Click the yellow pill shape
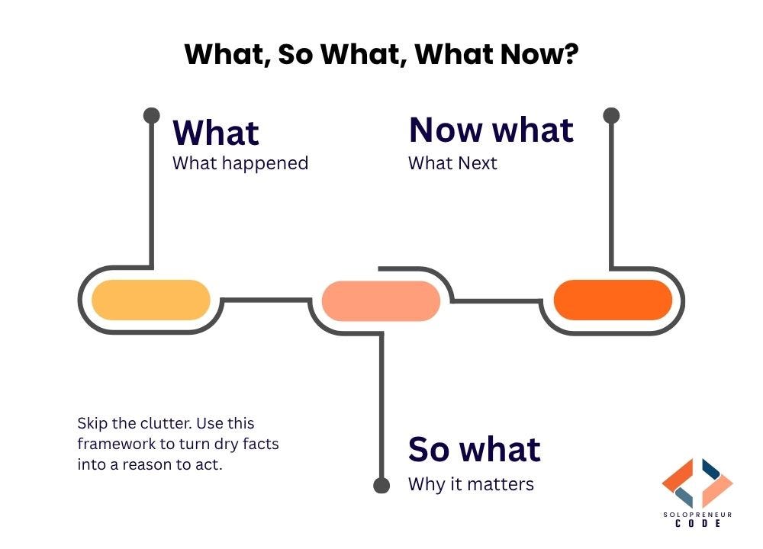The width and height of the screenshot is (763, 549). [x=151, y=300]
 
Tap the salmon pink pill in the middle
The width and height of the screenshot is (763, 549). [x=381, y=300]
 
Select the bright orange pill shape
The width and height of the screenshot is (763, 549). [x=613, y=300]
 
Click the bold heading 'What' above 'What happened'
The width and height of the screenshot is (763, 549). [x=216, y=133]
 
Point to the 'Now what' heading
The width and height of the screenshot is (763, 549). [x=491, y=130]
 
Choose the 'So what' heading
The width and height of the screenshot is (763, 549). [x=474, y=449]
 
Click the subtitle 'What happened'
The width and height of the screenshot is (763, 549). [x=240, y=163]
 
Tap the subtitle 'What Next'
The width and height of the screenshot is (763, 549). [x=452, y=163]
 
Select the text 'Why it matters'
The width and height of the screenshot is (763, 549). [x=471, y=484]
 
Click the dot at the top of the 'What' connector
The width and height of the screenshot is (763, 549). [x=152, y=116]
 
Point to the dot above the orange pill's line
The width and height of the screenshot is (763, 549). [x=611, y=116]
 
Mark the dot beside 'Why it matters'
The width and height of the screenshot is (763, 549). [x=381, y=484]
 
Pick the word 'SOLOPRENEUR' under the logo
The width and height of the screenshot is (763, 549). [x=697, y=515]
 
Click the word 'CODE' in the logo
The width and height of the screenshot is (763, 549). [x=697, y=524]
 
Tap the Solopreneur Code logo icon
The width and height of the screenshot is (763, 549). [x=697, y=483]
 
